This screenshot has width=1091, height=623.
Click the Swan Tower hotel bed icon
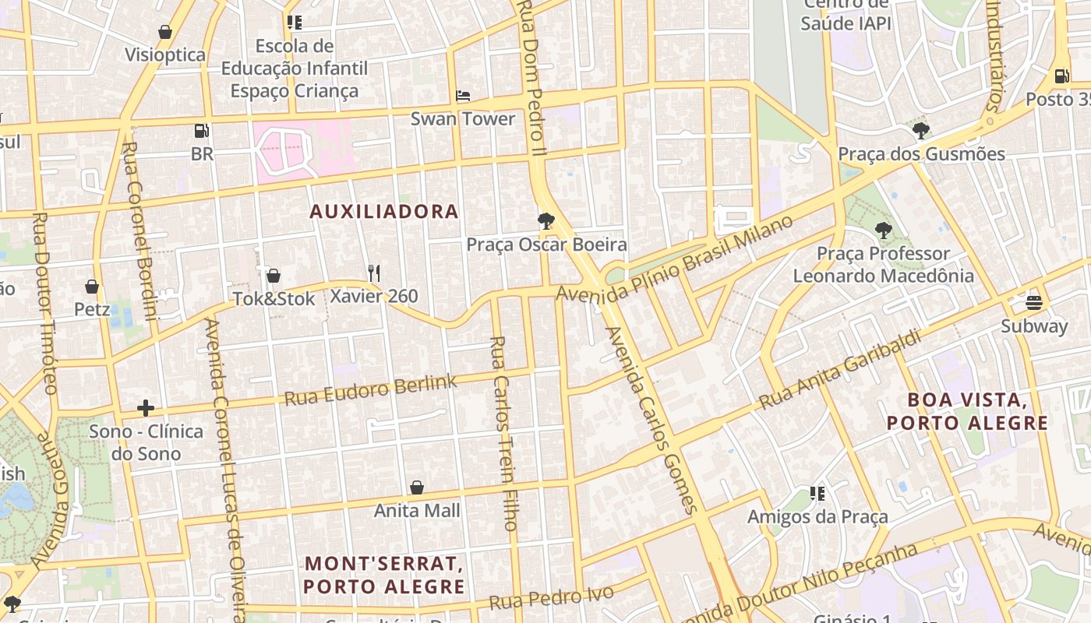tap(463, 97)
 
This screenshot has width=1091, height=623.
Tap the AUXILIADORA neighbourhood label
tap(384, 212)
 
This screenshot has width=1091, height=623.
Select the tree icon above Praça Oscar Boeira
tap(546, 221)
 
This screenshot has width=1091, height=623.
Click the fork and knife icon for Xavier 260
tap(374, 273)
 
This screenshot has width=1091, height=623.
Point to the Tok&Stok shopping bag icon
tap(274, 276)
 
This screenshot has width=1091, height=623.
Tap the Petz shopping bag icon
tap(92, 287)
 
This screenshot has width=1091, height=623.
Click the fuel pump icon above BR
tap(202, 131)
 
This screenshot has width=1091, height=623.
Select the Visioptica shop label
tap(165, 55)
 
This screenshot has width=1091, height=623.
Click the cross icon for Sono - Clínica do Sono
tap(146, 408)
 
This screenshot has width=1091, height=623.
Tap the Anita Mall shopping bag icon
tap(417, 487)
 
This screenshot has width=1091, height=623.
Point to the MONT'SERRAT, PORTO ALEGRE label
tap(384, 575)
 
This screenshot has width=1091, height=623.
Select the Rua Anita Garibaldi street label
tap(840, 371)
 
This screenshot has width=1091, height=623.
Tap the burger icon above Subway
tap(1034, 302)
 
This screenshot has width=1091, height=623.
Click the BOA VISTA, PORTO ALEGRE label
tap(967, 412)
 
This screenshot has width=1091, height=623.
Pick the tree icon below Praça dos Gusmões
tap(883, 231)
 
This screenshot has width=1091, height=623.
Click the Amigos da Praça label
tap(807, 517)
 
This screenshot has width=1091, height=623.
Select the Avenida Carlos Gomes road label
tap(651, 421)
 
